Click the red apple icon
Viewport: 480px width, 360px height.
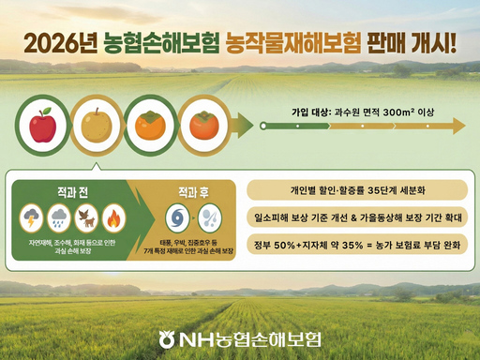click(x=43, y=126)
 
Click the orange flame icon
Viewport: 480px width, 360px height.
click(x=112, y=218)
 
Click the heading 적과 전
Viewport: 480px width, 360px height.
click(x=70, y=190)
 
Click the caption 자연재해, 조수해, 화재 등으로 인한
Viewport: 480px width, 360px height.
click(x=72, y=242)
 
